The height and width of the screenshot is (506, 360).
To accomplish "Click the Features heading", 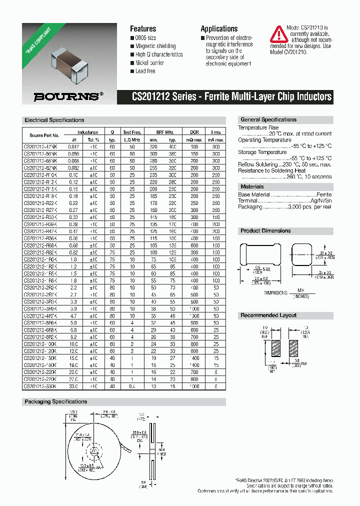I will tap(143, 29).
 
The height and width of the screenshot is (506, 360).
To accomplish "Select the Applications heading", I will tap(219, 29).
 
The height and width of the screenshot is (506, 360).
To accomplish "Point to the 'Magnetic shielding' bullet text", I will tap(155, 46).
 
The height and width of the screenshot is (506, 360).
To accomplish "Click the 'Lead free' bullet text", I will tap(145, 71).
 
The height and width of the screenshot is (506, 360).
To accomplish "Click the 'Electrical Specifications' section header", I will tap(54, 120).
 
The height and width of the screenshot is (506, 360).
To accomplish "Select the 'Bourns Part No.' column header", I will tap(44, 135).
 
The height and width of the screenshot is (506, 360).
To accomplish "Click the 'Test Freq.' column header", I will tap(132, 132).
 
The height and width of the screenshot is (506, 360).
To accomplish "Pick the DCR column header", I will tap(194, 132).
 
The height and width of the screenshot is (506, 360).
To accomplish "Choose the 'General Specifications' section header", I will tap(268, 119).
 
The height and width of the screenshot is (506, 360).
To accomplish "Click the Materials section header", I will tap(252, 186).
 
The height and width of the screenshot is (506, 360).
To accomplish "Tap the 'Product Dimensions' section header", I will tap(265, 230).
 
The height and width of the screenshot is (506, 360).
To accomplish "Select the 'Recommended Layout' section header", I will tap(268, 315).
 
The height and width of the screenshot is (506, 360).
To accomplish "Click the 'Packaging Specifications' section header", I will tap(55, 401).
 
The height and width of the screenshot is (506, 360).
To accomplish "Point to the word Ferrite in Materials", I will tap(323, 194).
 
